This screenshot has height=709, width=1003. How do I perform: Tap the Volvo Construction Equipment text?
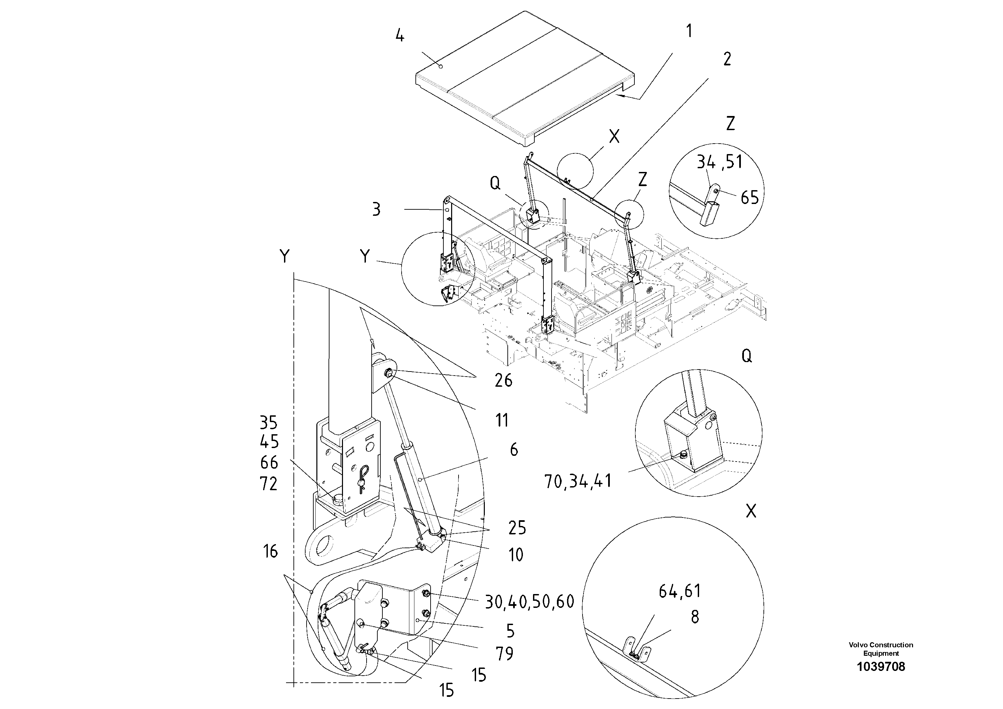coord(881,649)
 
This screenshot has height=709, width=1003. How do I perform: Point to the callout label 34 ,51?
coord(719,162)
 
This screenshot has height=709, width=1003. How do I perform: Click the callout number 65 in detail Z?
coord(750,198)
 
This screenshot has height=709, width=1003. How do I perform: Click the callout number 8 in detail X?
coord(695,617)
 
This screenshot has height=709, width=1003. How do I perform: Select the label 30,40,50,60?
coord(529,602)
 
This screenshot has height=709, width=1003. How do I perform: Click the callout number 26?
coord(503,381)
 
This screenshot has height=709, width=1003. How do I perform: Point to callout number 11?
coord(502,420)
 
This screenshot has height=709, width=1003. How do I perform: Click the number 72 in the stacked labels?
coord(269,484)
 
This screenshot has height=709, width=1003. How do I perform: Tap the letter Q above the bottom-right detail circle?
coord(747,357)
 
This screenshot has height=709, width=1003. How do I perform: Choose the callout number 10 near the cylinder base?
coord(515,555)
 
